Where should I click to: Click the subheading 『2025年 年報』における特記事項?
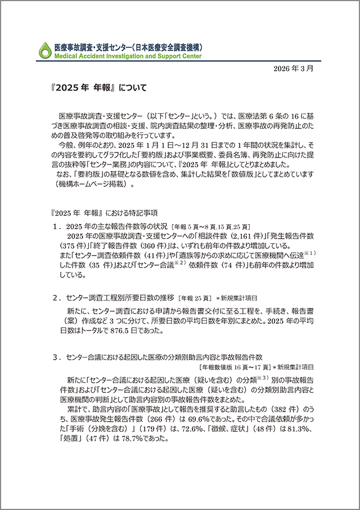104,213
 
